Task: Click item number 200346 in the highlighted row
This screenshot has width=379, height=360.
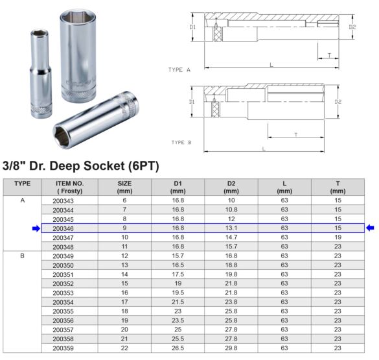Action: (x=63, y=228)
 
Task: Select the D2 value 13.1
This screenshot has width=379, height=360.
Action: (x=231, y=228)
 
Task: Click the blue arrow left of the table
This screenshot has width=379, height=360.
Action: (x=36, y=228)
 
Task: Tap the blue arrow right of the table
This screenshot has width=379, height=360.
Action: (x=371, y=228)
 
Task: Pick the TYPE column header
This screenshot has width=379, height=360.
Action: (x=23, y=184)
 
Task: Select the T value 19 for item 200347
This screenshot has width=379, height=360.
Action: (x=338, y=237)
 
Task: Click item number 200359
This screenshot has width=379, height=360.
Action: (x=63, y=348)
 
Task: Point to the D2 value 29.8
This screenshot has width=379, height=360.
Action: (x=231, y=348)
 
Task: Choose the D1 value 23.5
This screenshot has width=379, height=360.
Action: (x=178, y=320)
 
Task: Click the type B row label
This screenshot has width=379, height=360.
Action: (x=23, y=256)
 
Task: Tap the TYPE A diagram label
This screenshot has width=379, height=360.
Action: (x=179, y=69)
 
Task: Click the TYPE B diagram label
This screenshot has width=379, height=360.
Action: (x=181, y=142)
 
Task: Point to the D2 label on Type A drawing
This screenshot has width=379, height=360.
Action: (x=352, y=27)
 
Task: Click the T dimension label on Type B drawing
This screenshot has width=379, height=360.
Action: (x=295, y=135)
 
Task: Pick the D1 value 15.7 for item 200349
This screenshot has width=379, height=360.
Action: (x=178, y=256)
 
